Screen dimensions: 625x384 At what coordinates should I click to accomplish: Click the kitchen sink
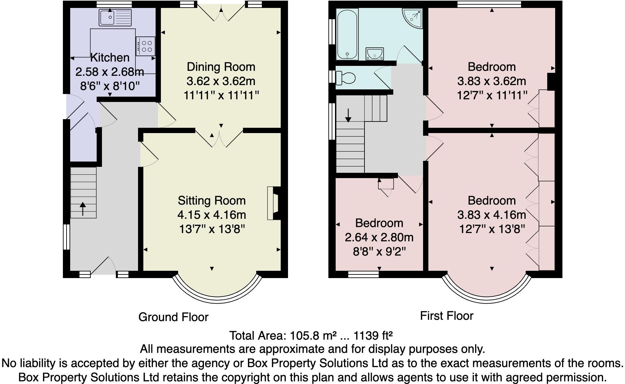tap(115, 17)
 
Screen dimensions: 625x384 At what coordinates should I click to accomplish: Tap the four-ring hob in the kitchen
tap(145, 46)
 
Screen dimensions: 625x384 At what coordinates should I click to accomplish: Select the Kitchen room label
tap(110, 58)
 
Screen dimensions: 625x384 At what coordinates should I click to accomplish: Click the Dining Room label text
tap(221, 67)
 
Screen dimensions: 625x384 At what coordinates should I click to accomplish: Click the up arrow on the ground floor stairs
tap(82, 209)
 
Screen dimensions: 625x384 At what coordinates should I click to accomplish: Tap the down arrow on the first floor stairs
tap(348, 115)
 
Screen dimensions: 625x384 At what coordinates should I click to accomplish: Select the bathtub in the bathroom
tap(347, 34)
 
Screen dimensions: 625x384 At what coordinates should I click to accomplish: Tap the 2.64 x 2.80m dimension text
tap(379, 237)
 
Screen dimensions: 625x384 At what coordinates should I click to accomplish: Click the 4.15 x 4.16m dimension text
tap(212, 215)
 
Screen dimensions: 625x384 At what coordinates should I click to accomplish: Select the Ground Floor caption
tap(173, 317)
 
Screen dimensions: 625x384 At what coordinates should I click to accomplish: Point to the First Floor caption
tap(447, 316)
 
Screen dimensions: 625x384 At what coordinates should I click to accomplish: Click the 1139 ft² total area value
tap(373, 336)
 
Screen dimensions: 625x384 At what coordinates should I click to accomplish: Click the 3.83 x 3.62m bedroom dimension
tap(492, 81)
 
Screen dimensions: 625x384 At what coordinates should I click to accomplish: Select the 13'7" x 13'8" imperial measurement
tap(212, 229)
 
